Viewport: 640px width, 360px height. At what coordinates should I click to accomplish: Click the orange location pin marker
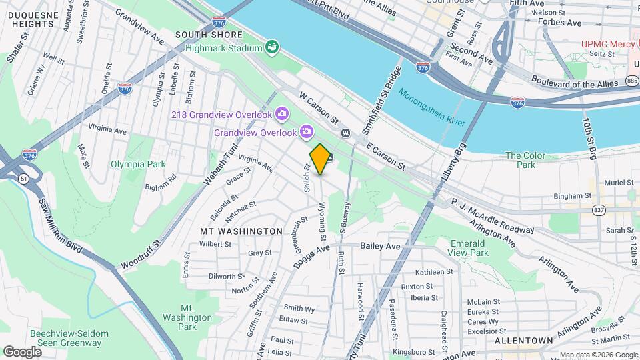tap(320, 159)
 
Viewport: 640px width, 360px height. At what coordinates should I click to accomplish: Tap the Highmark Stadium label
tap(223, 48)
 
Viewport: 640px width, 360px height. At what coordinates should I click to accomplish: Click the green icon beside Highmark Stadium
tap(272, 47)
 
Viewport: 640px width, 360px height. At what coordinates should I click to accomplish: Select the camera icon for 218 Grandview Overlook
tap(282, 115)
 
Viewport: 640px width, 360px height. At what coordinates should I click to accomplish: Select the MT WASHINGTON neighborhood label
tap(241, 231)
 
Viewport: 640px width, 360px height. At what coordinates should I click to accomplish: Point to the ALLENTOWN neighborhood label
tap(524, 340)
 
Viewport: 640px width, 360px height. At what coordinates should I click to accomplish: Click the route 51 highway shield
tap(24, 179)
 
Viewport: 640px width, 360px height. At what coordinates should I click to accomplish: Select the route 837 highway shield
tap(598, 210)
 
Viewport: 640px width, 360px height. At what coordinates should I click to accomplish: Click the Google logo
tap(22, 351)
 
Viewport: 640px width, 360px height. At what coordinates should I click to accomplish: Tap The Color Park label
tap(525, 160)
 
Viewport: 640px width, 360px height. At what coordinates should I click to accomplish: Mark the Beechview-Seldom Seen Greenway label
tap(65, 338)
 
